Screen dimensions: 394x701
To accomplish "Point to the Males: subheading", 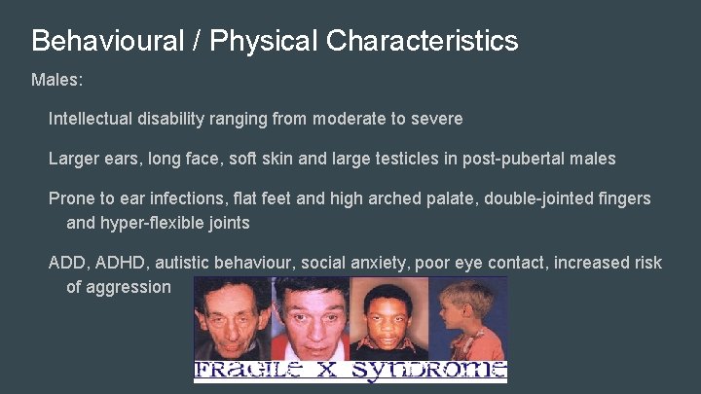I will pyautogui.click(x=57, y=80).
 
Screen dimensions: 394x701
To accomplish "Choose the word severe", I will pyautogui.click(x=437, y=119).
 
